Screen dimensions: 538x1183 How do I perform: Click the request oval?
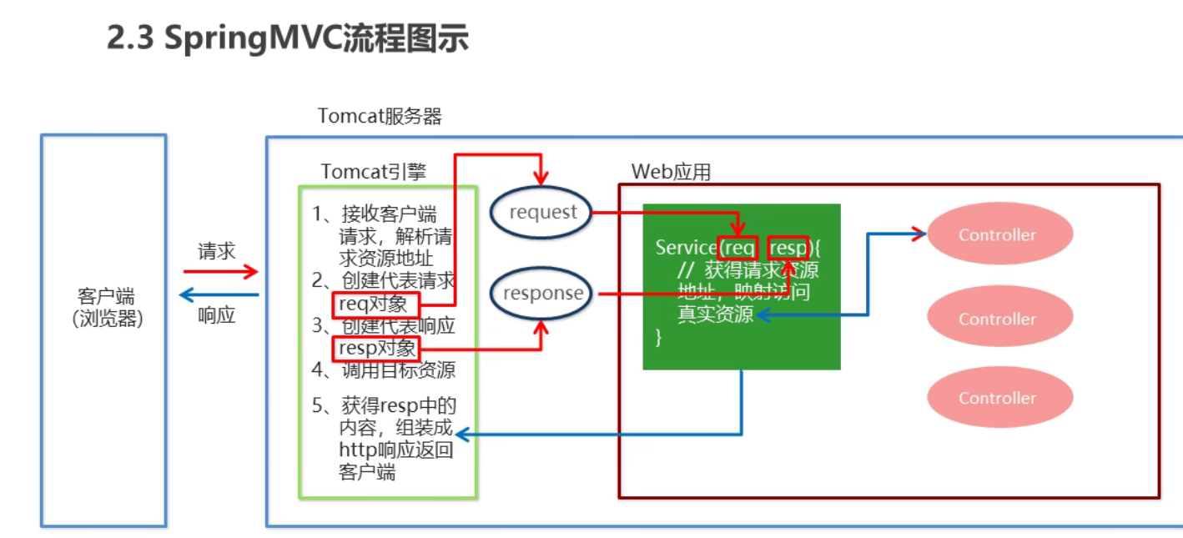pos(541,212)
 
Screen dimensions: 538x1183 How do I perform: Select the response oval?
pos(541,294)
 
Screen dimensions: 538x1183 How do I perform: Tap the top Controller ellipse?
pos(999,235)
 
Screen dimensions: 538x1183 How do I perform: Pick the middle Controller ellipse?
pos(999,319)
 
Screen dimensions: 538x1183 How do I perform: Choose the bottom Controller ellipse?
pos(999,398)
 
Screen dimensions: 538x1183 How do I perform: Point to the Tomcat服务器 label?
pos(380,116)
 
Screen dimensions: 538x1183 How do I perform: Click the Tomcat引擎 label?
pos(373,172)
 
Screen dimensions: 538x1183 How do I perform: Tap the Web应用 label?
pos(671,172)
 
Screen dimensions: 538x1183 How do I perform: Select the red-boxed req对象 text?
pos(375,304)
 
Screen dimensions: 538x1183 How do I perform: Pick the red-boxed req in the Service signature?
pos(738,248)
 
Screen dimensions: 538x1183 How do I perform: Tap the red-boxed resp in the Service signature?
pos(788,248)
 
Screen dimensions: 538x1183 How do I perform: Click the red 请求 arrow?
pos(220,271)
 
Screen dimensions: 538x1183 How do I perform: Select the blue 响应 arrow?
pos(220,294)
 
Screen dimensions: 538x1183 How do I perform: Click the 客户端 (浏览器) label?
pos(105,308)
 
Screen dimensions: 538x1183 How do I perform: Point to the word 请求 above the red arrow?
pos(216,251)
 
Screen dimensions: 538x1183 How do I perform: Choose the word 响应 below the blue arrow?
pos(216,315)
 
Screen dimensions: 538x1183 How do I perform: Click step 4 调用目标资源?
pos(384,370)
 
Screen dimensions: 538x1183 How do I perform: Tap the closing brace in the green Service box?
pos(659,336)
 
